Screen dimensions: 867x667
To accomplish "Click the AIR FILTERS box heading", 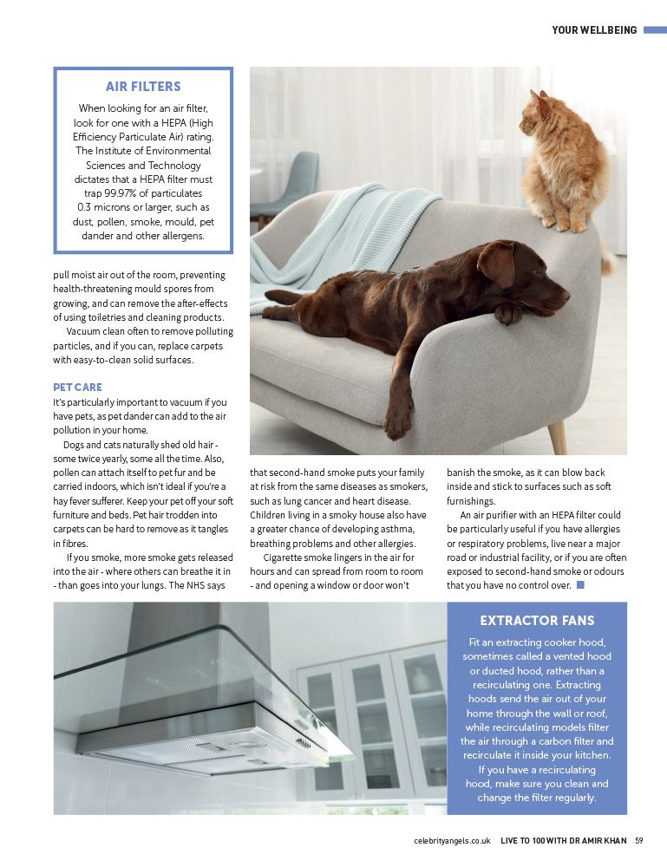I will pyautogui.click(x=143, y=87).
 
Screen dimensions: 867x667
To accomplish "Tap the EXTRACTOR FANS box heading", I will pyautogui.click(x=537, y=621).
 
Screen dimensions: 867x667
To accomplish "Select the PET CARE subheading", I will pyautogui.click(x=77, y=388).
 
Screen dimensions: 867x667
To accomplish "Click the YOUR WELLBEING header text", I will pyautogui.click(x=594, y=30).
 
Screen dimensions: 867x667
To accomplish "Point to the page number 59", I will pyautogui.click(x=639, y=840).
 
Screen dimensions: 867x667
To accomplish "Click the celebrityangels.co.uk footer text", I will pyautogui.click(x=452, y=840).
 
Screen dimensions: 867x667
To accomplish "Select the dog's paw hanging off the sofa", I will pyautogui.click(x=398, y=425).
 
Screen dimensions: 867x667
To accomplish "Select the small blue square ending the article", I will pyautogui.click(x=580, y=585).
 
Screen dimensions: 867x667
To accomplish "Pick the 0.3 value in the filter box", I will pyautogui.click(x=86, y=207).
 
